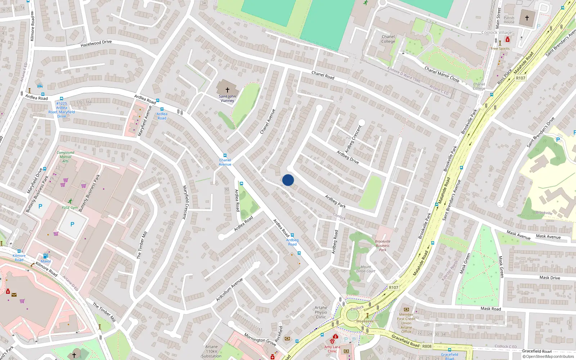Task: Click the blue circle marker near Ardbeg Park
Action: (x=288, y=180)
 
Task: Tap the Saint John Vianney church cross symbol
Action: (x=227, y=90)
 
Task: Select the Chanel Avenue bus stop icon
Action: (x=225, y=156)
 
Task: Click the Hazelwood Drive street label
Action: (x=96, y=44)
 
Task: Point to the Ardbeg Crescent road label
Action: (x=353, y=139)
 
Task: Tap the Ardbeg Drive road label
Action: (x=348, y=157)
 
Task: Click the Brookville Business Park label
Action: (x=382, y=246)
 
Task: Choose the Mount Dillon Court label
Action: (x=366, y=269)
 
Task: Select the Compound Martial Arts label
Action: (x=66, y=157)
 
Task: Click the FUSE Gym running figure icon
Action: (x=70, y=201)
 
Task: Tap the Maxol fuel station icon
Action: (x=46, y=256)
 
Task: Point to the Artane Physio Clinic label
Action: (x=321, y=312)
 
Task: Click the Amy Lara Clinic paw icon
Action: (x=333, y=341)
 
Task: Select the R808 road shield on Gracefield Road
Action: (x=427, y=346)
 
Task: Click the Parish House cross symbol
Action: (x=527, y=18)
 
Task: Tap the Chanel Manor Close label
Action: (x=442, y=74)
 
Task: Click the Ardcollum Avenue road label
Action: (x=229, y=290)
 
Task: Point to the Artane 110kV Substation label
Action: (x=211, y=351)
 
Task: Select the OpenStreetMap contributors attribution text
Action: (x=548, y=356)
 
